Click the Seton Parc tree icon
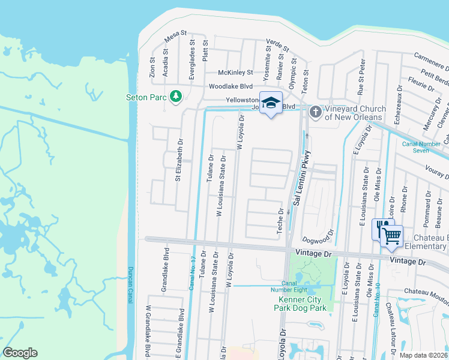[x=176, y=97]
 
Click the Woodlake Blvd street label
[x=231, y=86]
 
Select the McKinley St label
[x=235, y=73]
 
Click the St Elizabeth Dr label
[x=178, y=161]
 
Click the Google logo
[x=20, y=353]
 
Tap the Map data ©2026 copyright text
[x=423, y=355]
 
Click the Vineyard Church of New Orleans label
[x=354, y=112]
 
